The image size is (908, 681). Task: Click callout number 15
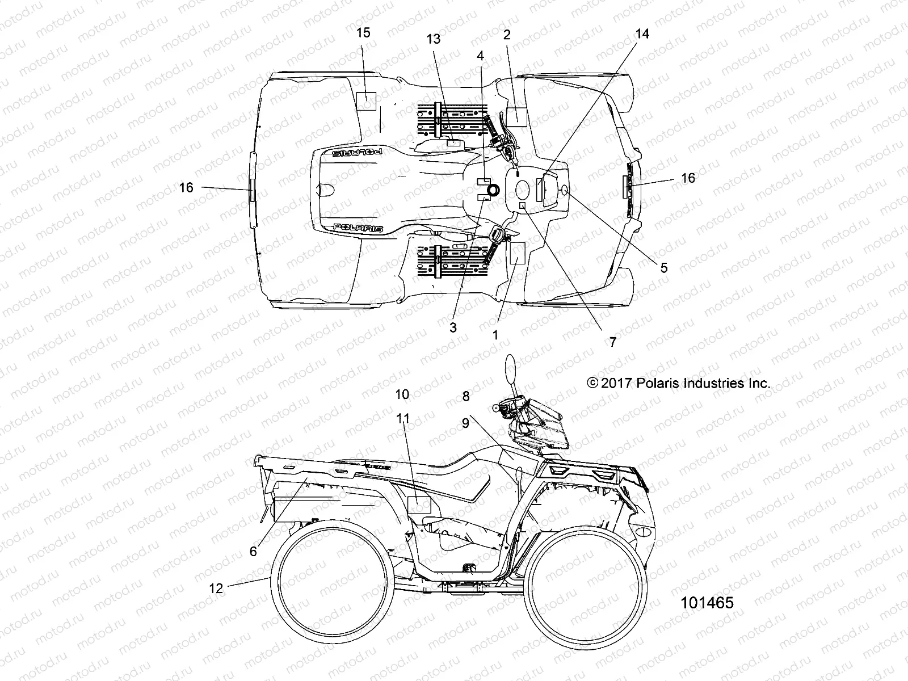[363, 33]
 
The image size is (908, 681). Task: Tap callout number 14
[642, 34]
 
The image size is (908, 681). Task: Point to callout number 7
[612, 342]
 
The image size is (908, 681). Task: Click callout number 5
[664, 268]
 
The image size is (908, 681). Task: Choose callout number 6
[253, 551]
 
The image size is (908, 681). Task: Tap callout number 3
[453, 327]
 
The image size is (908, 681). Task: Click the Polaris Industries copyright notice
[679, 383]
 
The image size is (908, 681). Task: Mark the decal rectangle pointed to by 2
[516, 116]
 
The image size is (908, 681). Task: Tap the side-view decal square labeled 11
[419, 504]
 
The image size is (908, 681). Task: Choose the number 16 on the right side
[688, 178]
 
